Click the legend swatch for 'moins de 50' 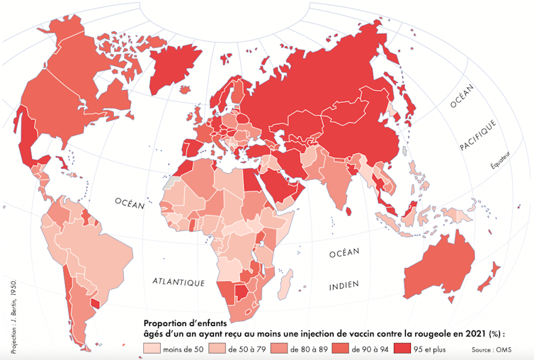[152, 349]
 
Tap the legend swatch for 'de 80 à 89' [281, 349]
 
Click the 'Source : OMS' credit [492, 350]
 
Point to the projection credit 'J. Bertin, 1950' [12, 313]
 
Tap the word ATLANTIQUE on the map [178, 282]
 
